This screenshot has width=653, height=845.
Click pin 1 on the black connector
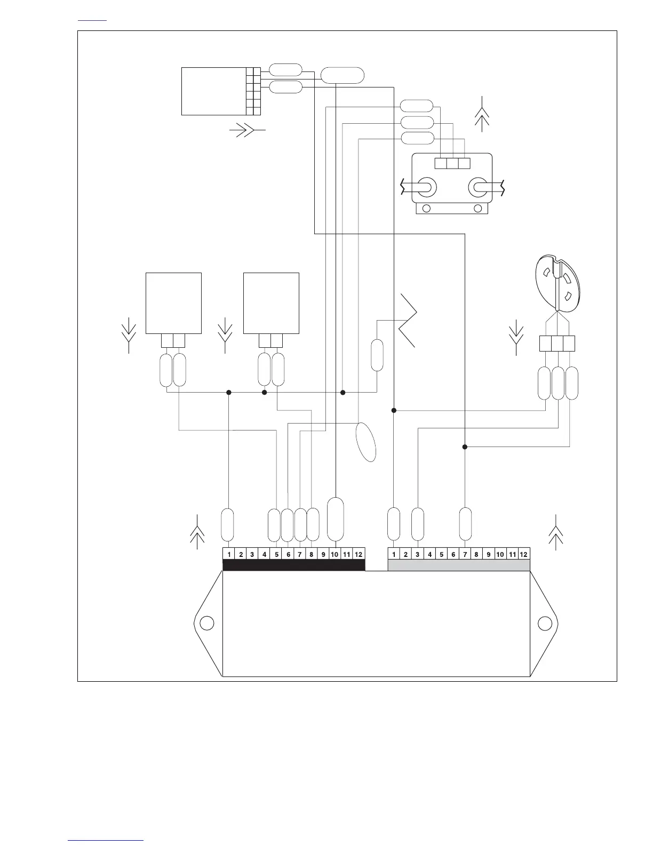tap(229, 554)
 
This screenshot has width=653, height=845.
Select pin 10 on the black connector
tap(335, 554)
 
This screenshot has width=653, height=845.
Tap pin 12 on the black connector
tap(359, 554)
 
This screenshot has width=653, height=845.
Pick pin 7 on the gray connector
tap(465, 554)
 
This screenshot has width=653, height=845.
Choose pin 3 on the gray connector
tap(418, 554)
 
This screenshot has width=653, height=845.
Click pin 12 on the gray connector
tap(524, 554)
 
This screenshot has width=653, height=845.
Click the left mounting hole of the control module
tap(206, 623)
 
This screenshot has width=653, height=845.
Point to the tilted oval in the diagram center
tap(366, 442)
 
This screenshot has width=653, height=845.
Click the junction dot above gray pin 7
tap(465, 447)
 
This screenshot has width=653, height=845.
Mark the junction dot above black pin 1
tap(229, 393)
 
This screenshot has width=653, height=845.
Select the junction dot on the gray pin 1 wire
tap(394, 410)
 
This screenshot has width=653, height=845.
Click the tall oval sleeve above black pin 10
tap(335, 519)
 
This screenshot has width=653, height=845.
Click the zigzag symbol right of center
tap(408, 321)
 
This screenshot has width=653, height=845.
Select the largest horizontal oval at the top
tap(343, 75)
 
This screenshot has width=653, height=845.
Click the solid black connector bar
tap(293, 565)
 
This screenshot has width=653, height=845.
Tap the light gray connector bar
tap(459, 565)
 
